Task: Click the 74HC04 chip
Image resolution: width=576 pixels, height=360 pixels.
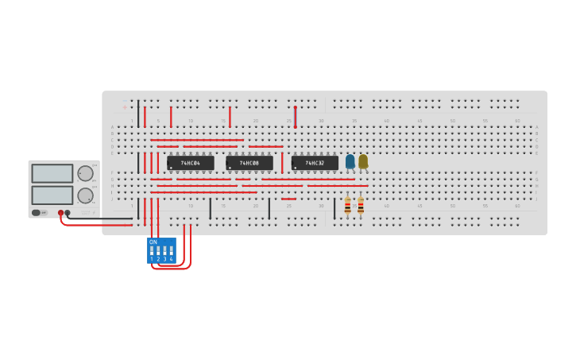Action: [191, 163]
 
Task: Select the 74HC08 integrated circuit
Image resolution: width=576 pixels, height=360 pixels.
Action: [249, 163]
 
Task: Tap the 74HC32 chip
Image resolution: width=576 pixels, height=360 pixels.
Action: [315, 163]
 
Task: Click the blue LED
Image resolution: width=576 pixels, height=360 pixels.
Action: [350, 161]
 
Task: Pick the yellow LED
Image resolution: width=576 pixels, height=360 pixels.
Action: [363, 161]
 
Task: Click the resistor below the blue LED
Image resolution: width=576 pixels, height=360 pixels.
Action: [347, 205]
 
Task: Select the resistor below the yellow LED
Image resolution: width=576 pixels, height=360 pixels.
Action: [361, 205]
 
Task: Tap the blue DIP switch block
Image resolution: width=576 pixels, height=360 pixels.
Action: [161, 250]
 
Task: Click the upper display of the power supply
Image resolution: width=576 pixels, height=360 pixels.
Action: [52, 173]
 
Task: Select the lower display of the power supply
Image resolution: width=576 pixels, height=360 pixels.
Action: [52, 195]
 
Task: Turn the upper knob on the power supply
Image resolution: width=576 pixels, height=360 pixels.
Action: [85, 173]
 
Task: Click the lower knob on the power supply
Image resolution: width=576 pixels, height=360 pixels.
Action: [85, 195]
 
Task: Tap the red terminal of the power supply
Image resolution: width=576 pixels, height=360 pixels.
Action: [60, 213]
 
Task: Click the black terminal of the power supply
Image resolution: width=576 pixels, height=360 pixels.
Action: [68, 213]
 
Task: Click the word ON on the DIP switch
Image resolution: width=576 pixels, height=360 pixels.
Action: [153, 242]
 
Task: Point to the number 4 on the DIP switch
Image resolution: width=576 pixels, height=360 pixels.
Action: [171, 259]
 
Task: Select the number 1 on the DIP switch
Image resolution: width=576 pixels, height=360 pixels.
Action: [152, 259]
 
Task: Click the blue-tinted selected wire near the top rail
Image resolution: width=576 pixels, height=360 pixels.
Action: [295, 117]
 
